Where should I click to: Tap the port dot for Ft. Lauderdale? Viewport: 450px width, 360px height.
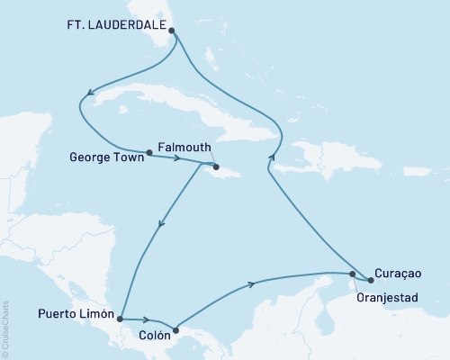(x=172, y=29)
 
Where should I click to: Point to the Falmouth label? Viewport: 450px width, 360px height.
(x=184, y=145)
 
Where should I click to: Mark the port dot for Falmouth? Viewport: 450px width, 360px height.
(x=216, y=166)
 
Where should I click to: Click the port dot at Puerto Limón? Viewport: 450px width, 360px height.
(x=120, y=318)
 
